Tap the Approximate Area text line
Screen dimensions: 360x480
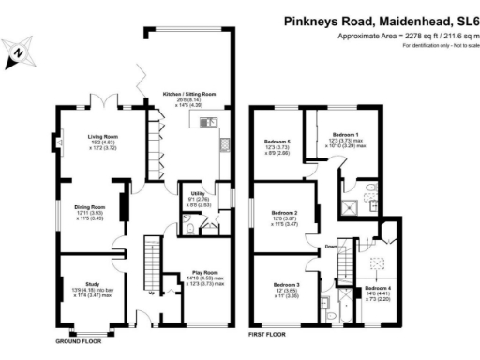[406, 36]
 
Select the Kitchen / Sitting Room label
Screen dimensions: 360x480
[184, 95]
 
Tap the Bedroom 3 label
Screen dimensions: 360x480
[286, 284]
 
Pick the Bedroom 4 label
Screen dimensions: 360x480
[378, 287]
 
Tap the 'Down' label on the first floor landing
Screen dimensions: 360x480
[330, 247]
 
